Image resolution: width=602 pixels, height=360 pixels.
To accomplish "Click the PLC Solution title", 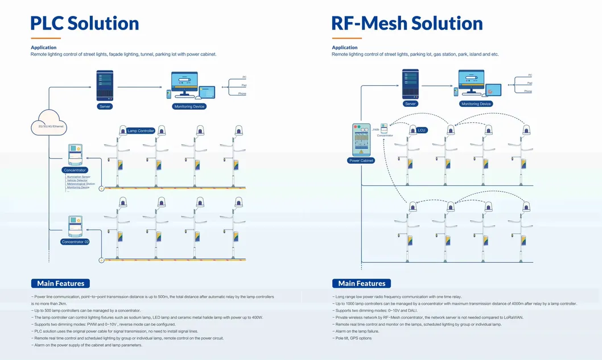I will pos(85,23).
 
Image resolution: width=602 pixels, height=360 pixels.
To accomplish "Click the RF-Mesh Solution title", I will pos(407,23).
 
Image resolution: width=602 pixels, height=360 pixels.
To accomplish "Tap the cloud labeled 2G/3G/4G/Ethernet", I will pos(48,123).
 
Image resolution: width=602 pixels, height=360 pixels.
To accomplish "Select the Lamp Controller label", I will pos(141,131).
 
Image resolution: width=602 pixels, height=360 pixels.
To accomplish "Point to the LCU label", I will pos(421,130).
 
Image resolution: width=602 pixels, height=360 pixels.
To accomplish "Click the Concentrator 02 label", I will pos(75,242).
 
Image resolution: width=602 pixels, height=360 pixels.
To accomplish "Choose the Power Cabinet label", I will pos(361,160).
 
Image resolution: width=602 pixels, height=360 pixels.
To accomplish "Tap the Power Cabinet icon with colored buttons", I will pos(361,139).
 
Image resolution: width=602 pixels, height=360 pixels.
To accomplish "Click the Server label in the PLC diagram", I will pos(105,106).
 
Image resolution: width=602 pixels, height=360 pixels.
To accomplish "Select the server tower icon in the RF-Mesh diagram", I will pos(410,84).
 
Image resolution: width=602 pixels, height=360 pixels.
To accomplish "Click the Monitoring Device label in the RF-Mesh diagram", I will pos(476,104).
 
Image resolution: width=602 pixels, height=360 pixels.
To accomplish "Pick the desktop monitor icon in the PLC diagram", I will pos(184,84).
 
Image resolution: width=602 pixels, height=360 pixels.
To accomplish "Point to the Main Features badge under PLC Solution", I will pos(60,283).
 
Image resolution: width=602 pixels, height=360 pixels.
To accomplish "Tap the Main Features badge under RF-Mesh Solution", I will pos(361,283).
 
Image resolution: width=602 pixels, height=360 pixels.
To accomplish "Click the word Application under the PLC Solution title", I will pos(44,47).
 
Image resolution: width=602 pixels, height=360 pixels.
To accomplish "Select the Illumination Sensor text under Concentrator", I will pos(79,177).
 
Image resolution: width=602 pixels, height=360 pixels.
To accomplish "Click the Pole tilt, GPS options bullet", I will pos(353,338).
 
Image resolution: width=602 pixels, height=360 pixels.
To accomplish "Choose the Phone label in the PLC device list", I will pos(242,93).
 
